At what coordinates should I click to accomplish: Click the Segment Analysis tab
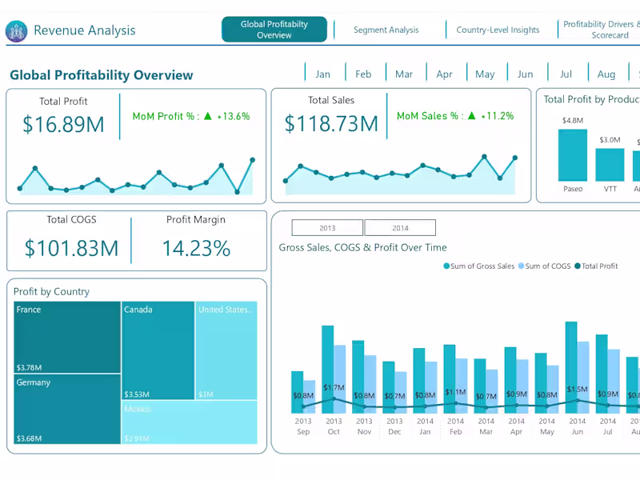coord(386,30)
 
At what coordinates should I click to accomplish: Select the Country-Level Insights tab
coord(498,30)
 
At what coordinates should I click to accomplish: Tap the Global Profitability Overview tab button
coord(274,30)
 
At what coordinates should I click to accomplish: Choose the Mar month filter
coord(404,74)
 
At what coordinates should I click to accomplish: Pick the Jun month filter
coord(525,74)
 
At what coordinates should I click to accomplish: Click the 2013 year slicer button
coord(327,228)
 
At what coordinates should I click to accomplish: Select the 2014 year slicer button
coord(400,228)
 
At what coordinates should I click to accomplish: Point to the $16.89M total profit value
coord(63,124)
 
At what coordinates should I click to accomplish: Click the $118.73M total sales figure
coord(331,124)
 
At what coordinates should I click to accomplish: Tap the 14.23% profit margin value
coord(196,248)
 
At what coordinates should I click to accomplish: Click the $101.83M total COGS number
coord(71,248)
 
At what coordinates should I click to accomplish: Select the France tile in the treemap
coord(67,337)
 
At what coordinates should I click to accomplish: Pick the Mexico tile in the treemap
coord(190,422)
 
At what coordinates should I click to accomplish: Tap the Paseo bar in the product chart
coord(573,155)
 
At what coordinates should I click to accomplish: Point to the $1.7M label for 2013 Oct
coord(334,388)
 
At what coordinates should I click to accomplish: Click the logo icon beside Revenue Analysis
coord(16,31)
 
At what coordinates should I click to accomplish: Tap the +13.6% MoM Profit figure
coord(233,116)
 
